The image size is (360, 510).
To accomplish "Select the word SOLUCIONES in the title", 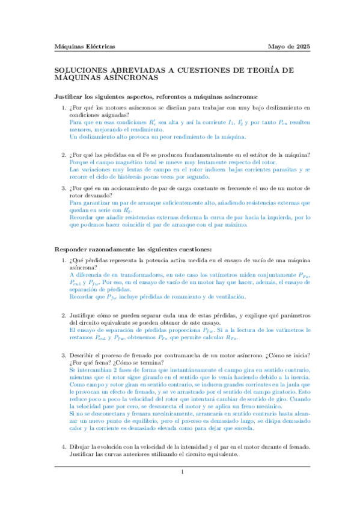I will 81,70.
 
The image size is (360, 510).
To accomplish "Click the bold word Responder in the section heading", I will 72,250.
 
